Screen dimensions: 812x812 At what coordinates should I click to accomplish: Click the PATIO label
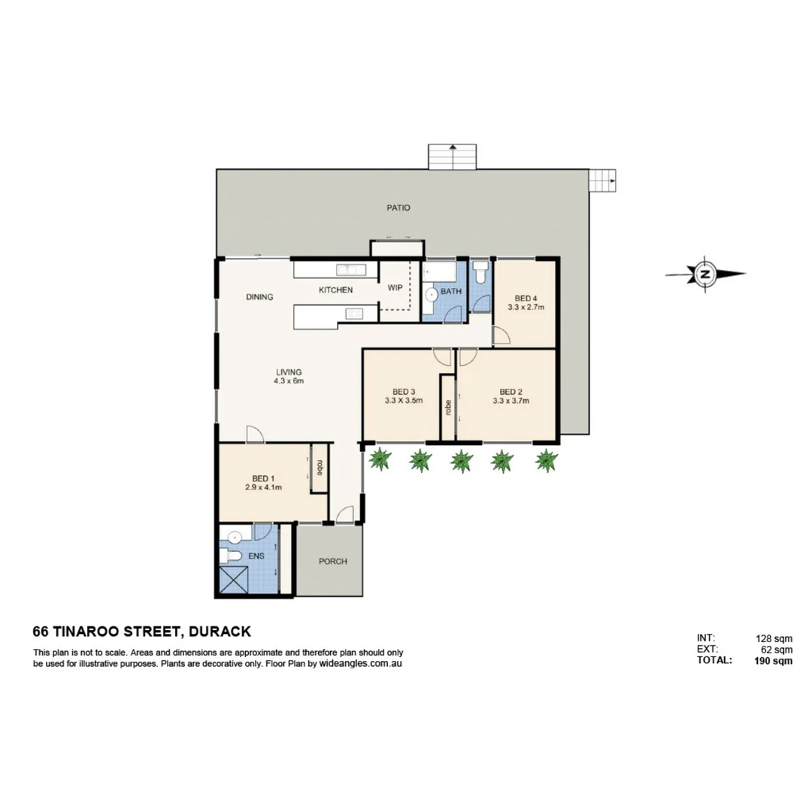(399, 208)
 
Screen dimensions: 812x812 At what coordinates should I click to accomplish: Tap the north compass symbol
(705, 274)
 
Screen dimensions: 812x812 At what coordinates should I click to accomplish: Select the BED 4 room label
(526, 297)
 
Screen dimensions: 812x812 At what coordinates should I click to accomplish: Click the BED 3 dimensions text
(404, 401)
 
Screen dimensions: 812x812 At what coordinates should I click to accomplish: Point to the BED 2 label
(511, 392)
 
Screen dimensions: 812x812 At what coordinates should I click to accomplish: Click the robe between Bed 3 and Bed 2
(448, 408)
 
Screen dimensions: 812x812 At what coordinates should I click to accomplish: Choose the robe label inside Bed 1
(320, 468)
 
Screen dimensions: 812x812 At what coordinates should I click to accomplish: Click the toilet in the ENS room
(231, 556)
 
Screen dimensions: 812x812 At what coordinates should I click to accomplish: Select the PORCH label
(332, 562)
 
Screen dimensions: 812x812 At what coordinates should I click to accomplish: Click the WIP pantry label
(395, 288)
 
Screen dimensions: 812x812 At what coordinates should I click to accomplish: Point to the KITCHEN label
(335, 290)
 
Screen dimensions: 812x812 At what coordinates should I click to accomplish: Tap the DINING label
(259, 297)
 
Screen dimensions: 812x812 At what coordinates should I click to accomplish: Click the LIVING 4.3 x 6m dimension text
(289, 381)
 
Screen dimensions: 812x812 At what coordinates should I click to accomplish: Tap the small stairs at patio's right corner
(601, 180)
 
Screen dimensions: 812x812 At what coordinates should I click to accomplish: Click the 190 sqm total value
(773, 661)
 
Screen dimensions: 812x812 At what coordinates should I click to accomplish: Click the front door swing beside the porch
(344, 514)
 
